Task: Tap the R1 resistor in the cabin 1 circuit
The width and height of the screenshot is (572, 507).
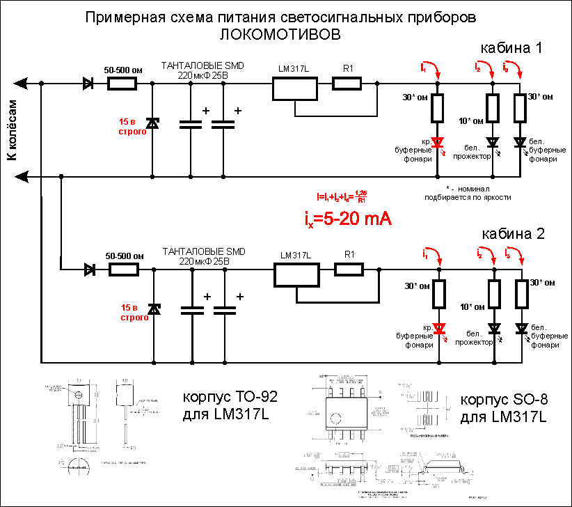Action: click(347, 84)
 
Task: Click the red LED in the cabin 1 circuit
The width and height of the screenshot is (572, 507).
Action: click(437, 143)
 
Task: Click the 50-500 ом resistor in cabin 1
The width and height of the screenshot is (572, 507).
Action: click(123, 84)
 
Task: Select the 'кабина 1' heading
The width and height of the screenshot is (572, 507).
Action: click(511, 48)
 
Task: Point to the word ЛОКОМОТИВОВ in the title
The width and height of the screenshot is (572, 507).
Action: click(282, 33)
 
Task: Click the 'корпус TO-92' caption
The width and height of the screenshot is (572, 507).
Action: click(230, 398)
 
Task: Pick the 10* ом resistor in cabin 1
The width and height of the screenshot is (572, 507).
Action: click(493, 107)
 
